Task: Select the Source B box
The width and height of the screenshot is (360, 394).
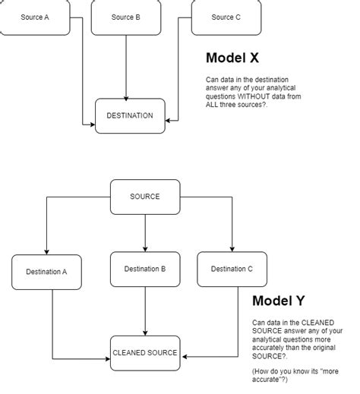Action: [126, 17]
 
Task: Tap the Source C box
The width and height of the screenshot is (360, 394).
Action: [226, 17]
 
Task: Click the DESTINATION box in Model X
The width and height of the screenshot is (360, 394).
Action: [130, 116]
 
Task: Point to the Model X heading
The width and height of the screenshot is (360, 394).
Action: [235, 58]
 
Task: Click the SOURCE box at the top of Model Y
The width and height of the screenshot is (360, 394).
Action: [145, 197]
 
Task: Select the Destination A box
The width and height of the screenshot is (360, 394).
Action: [46, 272]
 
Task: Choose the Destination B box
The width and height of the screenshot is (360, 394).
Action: [145, 269]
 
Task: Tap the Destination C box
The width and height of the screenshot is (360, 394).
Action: [232, 269]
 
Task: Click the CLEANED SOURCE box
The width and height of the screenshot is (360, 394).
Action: [145, 353]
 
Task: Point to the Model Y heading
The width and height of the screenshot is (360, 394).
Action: [283, 301]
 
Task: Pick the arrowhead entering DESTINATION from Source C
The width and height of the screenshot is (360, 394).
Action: [169, 119]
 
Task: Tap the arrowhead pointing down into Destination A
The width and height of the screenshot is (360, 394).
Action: [46, 251]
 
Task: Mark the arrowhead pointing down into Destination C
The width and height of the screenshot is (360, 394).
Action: [232, 248]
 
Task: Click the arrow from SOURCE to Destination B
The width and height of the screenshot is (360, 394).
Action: [145, 232]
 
